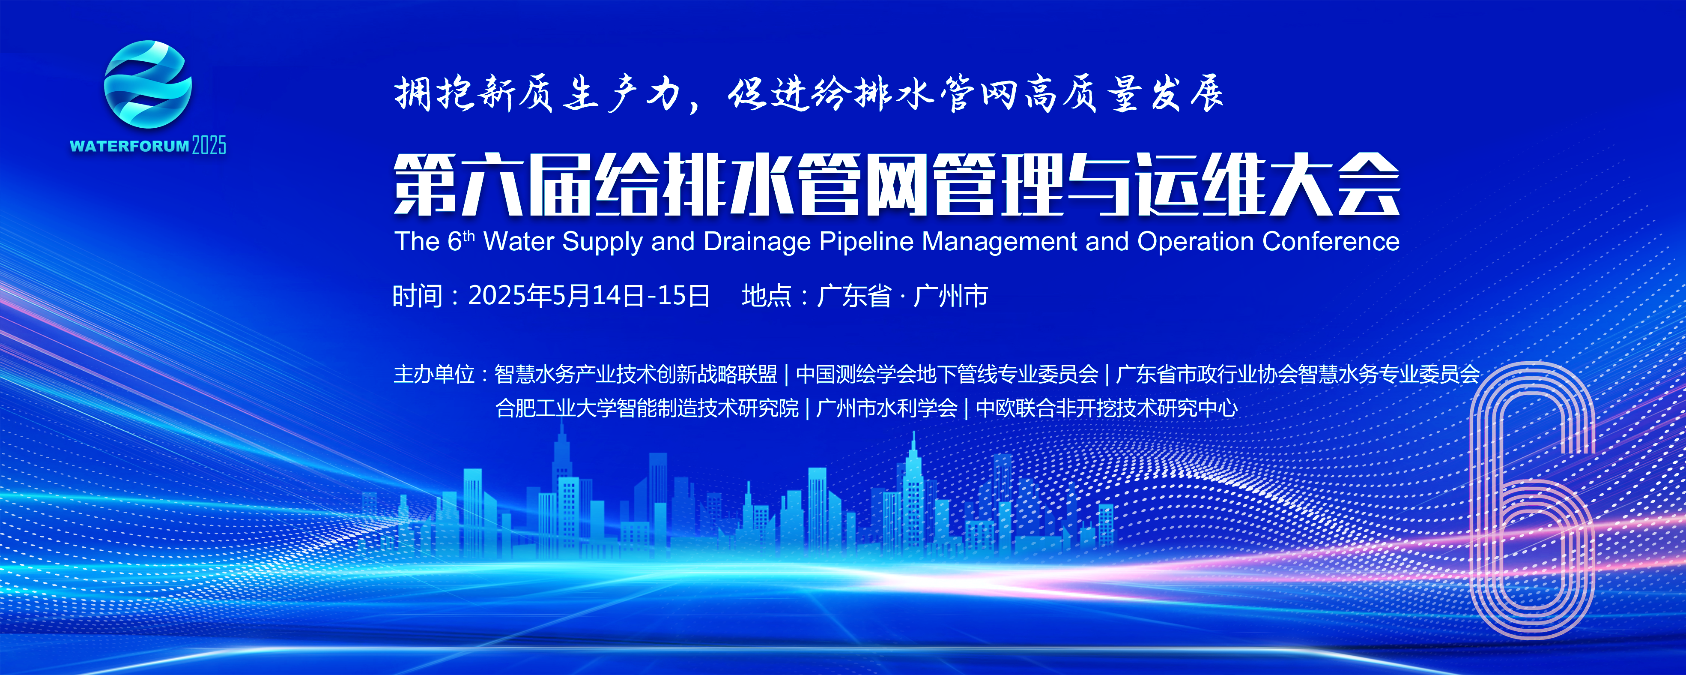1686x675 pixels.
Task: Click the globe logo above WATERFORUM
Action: click(148, 84)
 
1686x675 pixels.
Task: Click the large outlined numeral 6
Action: click(1531, 504)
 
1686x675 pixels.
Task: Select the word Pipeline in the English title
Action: click(867, 242)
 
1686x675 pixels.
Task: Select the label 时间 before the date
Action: click(418, 296)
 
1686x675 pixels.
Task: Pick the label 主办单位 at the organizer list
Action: click(433, 374)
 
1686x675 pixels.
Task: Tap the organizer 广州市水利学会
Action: click(887, 408)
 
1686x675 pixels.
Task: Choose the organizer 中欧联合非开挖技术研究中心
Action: click(1106, 408)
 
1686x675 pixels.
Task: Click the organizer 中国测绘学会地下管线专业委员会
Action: click(946, 374)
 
